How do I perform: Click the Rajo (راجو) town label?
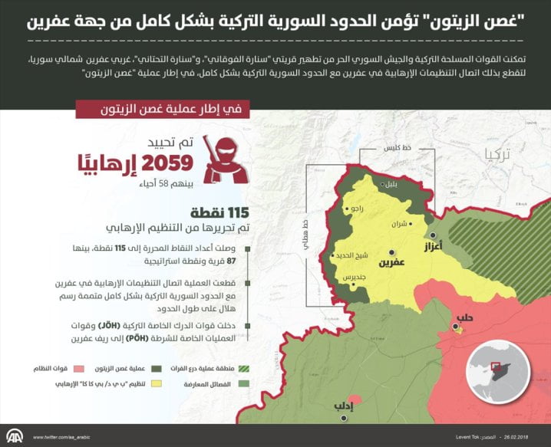click(358, 207)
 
